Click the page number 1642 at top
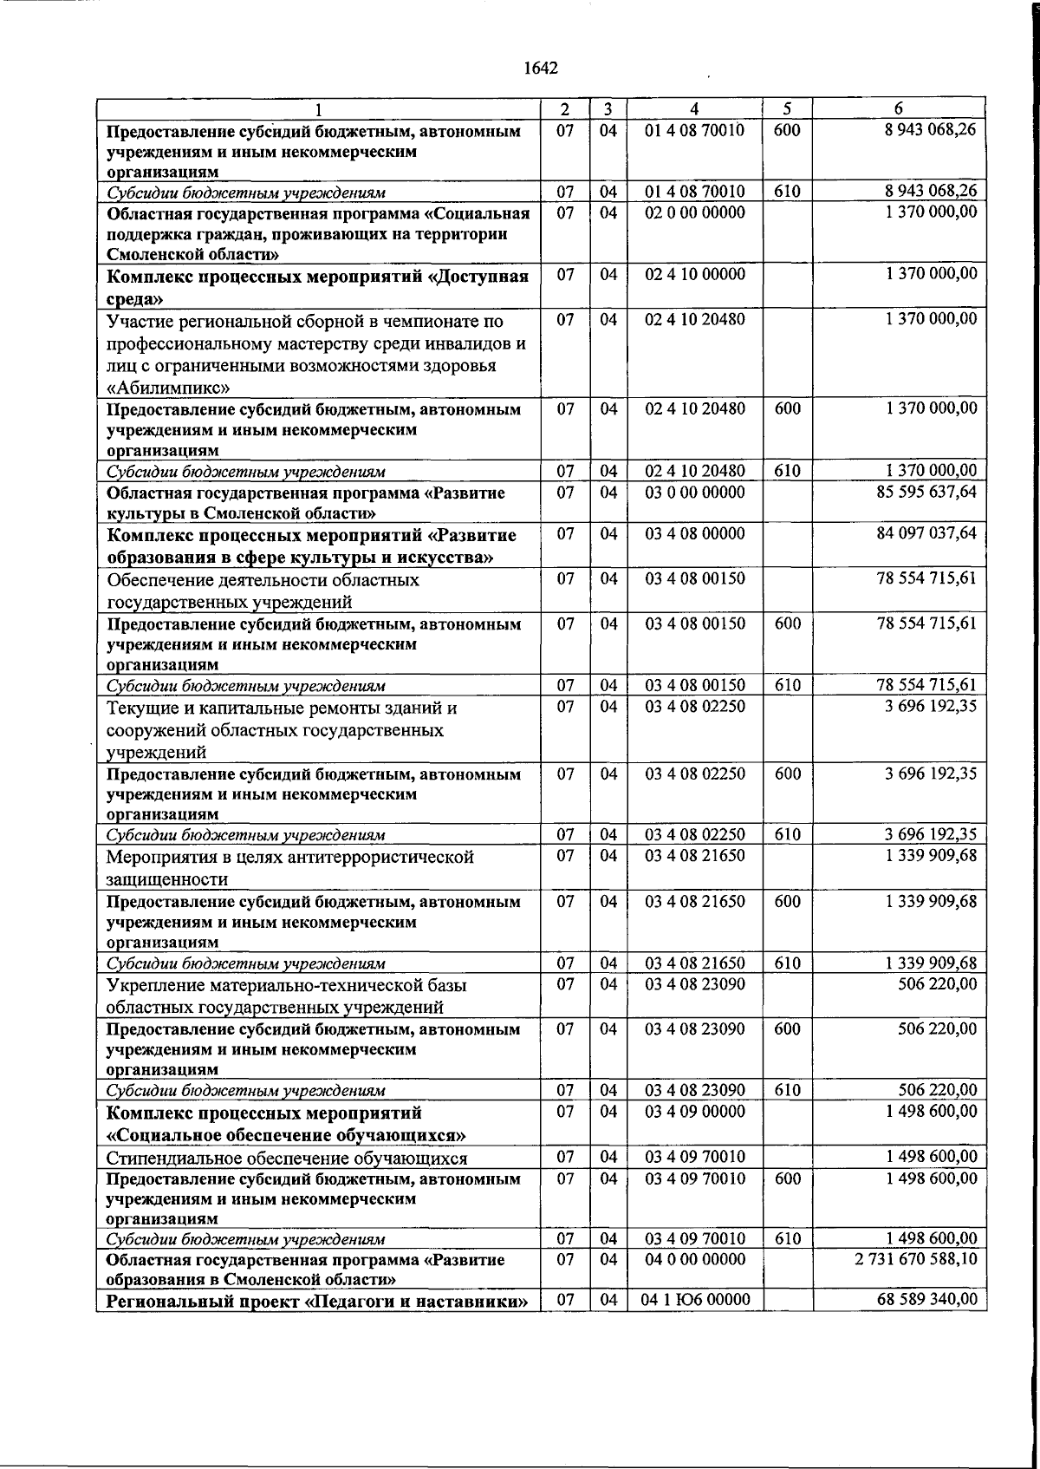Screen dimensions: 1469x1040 [x=541, y=69]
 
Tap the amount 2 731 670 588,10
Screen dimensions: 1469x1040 [x=915, y=1258]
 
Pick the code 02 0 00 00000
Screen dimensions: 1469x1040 [x=695, y=212]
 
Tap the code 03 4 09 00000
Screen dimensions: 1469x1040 [x=695, y=1111]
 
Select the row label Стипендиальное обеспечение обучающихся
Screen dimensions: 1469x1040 [x=287, y=1159]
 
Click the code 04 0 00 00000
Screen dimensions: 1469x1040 [x=695, y=1258]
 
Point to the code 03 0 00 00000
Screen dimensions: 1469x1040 [x=695, y=492]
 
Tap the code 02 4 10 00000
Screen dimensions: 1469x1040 [x=695, y=274]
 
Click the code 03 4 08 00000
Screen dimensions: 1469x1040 [x=695, y=532]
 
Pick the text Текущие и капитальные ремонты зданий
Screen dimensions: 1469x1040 [x=282, y=708]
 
